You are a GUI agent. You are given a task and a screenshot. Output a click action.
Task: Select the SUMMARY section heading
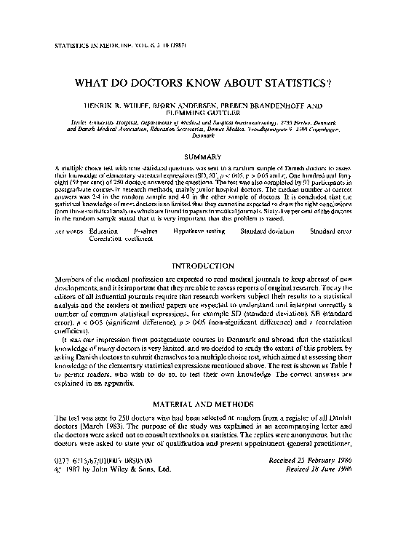pyautogui.click(x=202, y=156)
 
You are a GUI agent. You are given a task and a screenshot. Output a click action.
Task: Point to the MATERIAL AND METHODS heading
pyautogui.click(x=202, y=402)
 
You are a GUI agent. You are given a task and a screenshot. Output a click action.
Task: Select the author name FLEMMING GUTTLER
pyautogui.click(x=203, y=113)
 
